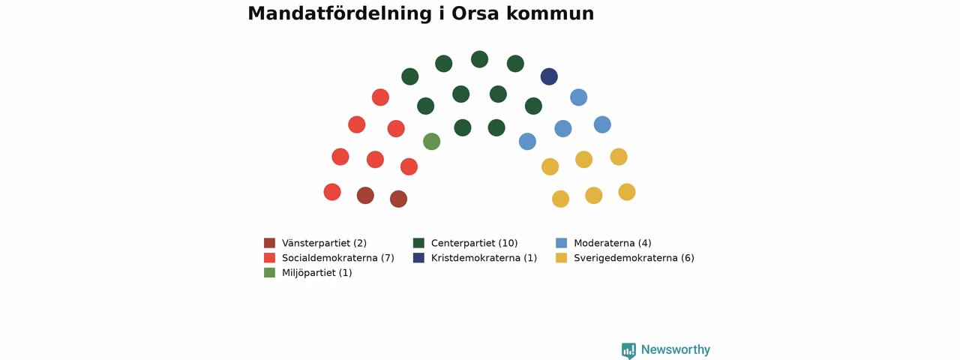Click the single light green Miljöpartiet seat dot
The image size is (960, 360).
click(431, 142)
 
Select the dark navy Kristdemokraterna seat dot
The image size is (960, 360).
click(549, 76)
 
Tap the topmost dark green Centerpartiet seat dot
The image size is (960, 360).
click(479, 59)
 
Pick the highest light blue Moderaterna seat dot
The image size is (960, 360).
click(578, 97)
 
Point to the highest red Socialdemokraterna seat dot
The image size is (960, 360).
click(380, 97)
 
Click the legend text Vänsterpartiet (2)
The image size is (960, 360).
click(325, 243)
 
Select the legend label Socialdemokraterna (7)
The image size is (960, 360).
click(338, 258)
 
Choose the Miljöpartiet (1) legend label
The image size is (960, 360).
click(317, 273)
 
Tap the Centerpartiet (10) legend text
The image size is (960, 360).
click(475, 243)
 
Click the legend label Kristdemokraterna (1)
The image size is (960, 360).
click(484, 258)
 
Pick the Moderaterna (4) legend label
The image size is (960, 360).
click(613, 243)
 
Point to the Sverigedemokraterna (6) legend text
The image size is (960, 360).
click(634, 258)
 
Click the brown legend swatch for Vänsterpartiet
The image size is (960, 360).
click(269, 243)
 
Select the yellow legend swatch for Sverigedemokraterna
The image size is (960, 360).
click(562, 257)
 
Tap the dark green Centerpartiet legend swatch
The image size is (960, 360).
click(418, 243)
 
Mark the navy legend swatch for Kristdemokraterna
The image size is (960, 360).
click(418, 257)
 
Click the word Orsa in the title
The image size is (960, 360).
click(475, 13)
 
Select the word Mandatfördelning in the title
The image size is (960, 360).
click(340, 13)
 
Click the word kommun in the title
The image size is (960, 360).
click(550, 13)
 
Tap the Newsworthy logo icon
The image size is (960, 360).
click(628, 350)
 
